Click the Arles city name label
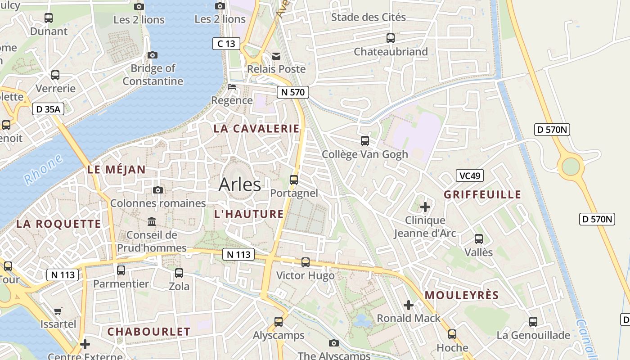click(x=239, y=184)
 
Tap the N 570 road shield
click(x=292, y=92)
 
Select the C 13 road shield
click(x=226, y=44)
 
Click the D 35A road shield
click(x=48, y=109)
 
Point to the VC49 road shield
click(x=470, y=175)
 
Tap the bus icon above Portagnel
click(x=294, y=180)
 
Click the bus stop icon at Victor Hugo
click(x=306, y=262)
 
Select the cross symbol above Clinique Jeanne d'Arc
click(x=425, y=207)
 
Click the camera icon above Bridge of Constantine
click(x=153, y=55)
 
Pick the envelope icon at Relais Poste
click(x=276, y=56)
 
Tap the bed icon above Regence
click(x=232, y=87)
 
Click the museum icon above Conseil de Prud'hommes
click(x=152, y=222)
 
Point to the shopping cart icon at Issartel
click(x=58, y=311)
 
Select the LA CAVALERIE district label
click(x=256, y=129)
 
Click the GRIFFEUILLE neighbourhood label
click(x=482, y=195)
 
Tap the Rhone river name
click(x=43, y=170)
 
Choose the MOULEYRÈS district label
click(x=462, y=296)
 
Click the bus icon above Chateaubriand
click(x=391, y=38)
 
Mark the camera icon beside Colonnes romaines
click(x=157, y=190)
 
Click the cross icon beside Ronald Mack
click(x=408, y=305)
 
